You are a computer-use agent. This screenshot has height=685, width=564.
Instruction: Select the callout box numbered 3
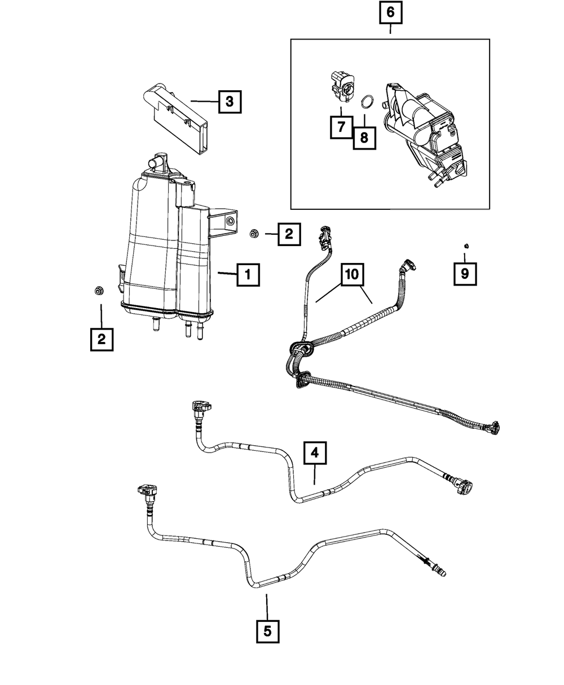click(x=229, y=102)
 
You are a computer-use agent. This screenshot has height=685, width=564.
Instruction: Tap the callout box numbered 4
click(x=315, y=453)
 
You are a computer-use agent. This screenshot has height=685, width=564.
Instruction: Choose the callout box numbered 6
click(x=390, y=13)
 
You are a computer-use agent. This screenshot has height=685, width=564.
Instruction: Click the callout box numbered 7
click(x=341, y=127)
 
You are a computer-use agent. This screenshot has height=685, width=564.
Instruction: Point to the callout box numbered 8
click(x=364, y=137)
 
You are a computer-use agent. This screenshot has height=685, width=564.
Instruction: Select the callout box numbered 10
click(x=351, y=275)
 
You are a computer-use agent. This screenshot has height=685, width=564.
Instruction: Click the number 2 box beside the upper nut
click(x=289, y=234)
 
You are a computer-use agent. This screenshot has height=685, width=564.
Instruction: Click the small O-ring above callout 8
click(x=367, y=102)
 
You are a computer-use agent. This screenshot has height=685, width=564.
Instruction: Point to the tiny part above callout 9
click(x=466, y=245)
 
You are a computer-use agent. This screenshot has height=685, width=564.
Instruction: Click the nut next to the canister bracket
click(x=254, y=232)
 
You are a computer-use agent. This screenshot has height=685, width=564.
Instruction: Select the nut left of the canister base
click(x=98, y=291)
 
